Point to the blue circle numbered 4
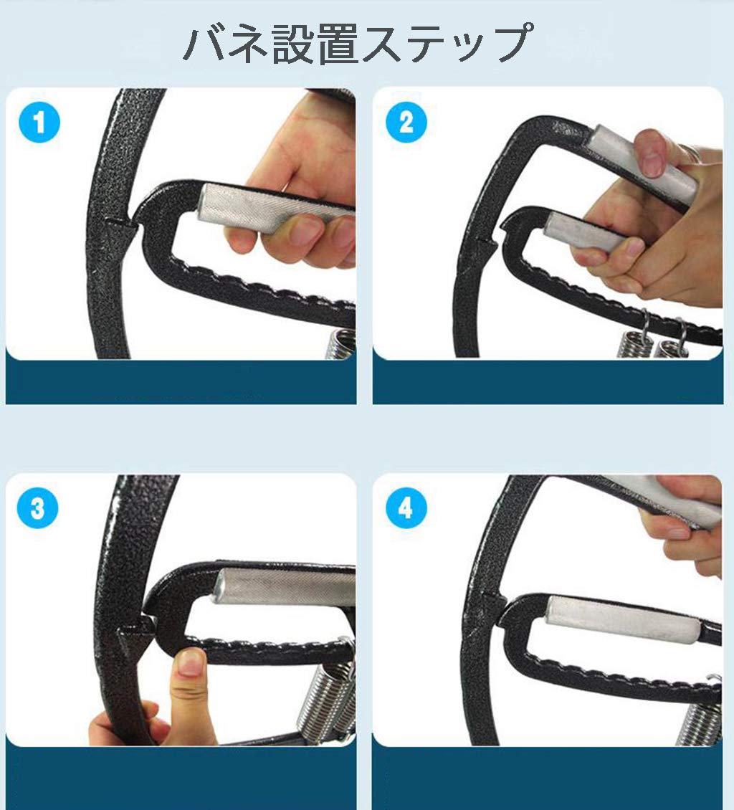(x=406, y=509)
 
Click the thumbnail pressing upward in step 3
(x=189, y=664)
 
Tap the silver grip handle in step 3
(x=287, y=586)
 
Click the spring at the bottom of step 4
(x=699, y=720)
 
